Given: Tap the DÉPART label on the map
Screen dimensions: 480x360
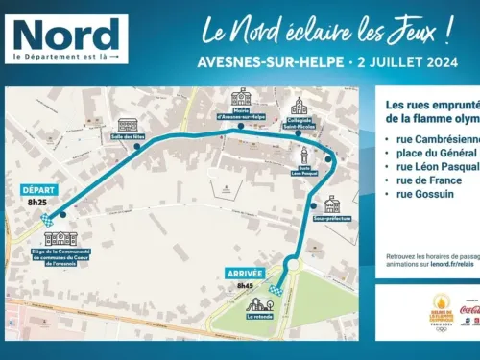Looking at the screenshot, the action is (x=38, y=190).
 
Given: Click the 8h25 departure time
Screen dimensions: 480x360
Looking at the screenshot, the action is (x=38, y=203).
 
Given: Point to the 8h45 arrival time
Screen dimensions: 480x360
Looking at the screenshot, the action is (x=245, y=258).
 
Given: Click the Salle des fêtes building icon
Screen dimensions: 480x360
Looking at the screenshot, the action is (x=128, y=125).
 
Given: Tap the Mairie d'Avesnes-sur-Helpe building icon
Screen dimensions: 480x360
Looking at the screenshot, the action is (x=240, y=98).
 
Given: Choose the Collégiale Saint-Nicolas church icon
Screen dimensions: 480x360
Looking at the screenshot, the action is (x=299, y=106).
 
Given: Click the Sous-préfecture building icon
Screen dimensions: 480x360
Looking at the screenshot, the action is (x=331, y=204).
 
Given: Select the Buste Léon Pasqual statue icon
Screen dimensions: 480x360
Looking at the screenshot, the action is (x=304, y=156).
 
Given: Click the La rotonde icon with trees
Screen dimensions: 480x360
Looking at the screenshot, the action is (x=257, y=303).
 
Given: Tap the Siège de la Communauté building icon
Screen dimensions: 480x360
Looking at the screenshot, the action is (x=60, y=237).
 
